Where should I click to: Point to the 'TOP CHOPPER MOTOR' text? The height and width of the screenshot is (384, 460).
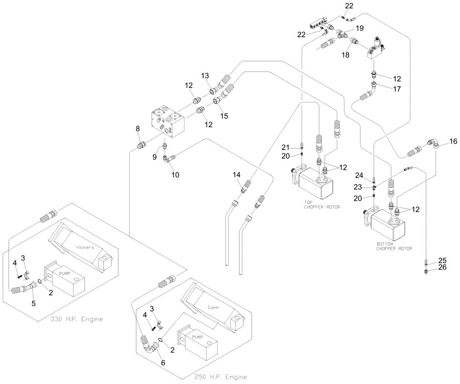point(322,204)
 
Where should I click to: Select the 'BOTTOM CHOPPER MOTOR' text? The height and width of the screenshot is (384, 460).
point(394,246)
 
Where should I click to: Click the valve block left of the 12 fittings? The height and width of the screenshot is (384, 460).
point(167,121)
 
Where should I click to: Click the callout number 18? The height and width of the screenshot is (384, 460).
point(345,54)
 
